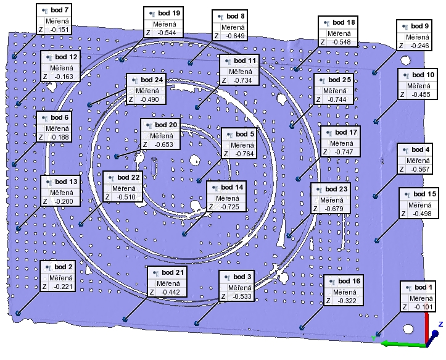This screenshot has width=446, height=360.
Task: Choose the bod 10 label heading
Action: point(422,75)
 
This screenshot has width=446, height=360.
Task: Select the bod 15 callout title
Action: point(424,194)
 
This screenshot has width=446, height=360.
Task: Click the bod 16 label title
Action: point(349,281)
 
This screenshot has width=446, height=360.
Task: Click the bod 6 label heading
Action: point(60,117)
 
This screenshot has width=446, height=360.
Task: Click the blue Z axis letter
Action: point(440,324)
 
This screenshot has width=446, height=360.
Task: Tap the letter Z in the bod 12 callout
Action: point(46,77)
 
